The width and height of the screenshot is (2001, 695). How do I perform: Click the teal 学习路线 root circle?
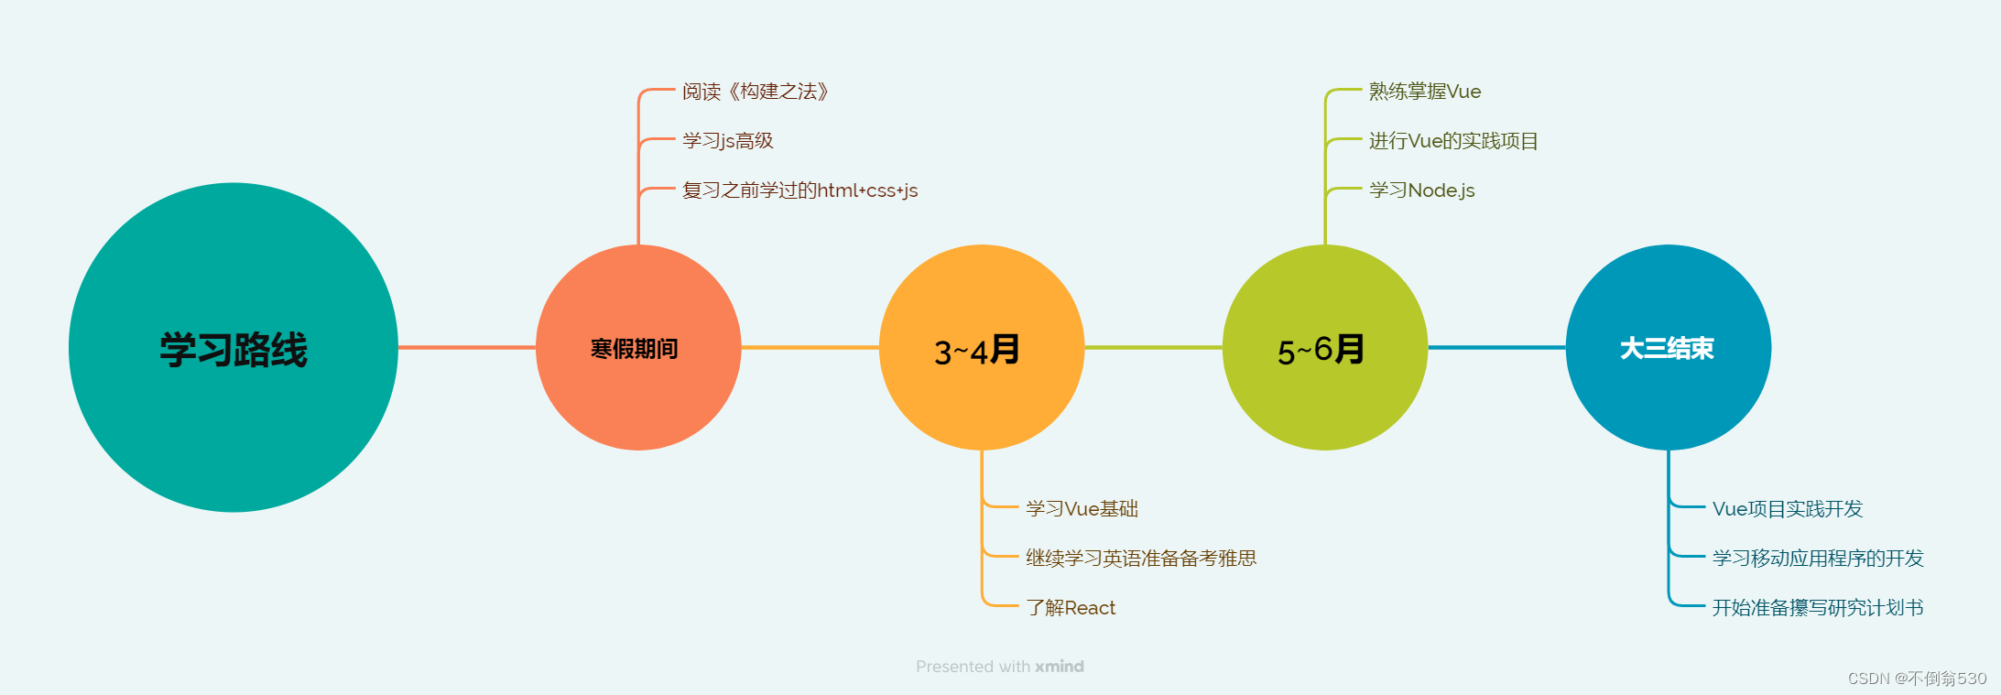pyautogui.click(x=234, y=348)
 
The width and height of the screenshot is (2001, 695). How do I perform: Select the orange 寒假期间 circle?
pyautogui.click(x=638, y=348)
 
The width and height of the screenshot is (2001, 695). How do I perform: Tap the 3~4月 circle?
pyautogui.click(x=981, y=348)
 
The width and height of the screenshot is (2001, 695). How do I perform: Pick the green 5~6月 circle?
pyautogui.click(x=1324, y=348)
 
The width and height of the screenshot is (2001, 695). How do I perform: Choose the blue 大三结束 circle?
pyautogui.click(x=1668, y=348)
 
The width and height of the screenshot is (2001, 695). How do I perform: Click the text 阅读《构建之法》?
pyautogui.click(x=756, y=92)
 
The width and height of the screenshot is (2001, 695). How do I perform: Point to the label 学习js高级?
pyautogui.click(x=728, y=141)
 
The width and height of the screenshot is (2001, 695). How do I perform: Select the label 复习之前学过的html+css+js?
pyautogui.click(x=799, y=190)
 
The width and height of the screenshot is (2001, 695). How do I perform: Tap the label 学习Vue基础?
pyautogui.click(x=1082, y=509)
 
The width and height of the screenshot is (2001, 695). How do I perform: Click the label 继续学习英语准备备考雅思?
pyautogui.click(x=1141, y=559)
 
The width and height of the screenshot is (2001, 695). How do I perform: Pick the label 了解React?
pyautogui.click(x=1071, y=608)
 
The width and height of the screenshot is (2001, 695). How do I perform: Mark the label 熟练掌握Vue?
pyautogui.click(x=1425, y=92)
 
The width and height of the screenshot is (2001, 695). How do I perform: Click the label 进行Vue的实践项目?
pyautogui.click(x=1453, y=141)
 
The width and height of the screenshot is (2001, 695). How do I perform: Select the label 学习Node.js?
pyautogui.click(x=1421, y=190)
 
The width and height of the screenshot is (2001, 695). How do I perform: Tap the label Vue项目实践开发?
pyautogui.click(x=1788, y=509)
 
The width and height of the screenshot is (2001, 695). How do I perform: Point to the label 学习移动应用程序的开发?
pyautogui.click(x=1818, y=559)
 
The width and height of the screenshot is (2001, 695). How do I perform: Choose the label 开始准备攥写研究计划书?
pyautogui.click(x=1818, y=608)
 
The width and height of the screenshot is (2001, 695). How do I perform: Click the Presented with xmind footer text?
pyautogui.click(x=999, y=667)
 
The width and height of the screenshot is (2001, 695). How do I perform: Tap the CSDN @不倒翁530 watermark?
pyautogui.click(x=1917, y=679)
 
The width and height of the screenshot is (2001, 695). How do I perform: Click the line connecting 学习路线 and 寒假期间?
pyautogui.click(x=467, y=347)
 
